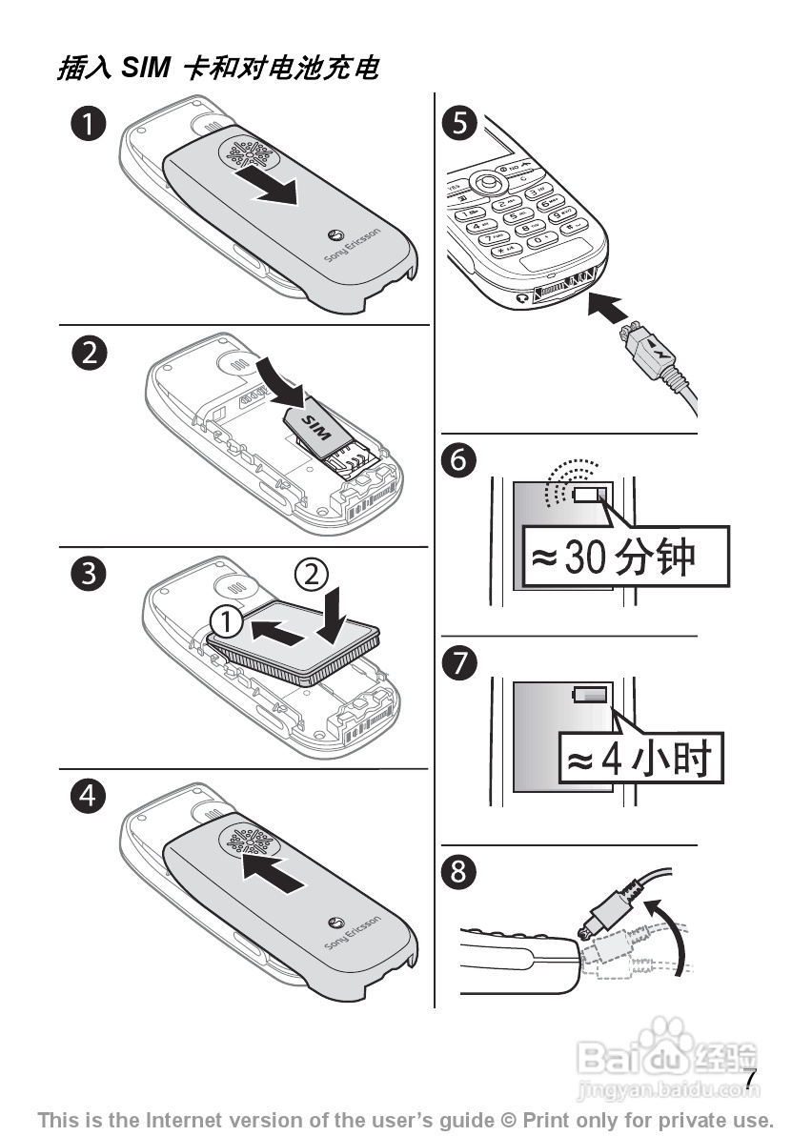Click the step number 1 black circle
point(90,125)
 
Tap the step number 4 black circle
point(90,795)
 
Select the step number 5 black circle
point(460,125)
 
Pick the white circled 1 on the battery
point(227,621)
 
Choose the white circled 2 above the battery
point(312,575)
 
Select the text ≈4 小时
point(639,761)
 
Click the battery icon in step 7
point(590,696)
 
